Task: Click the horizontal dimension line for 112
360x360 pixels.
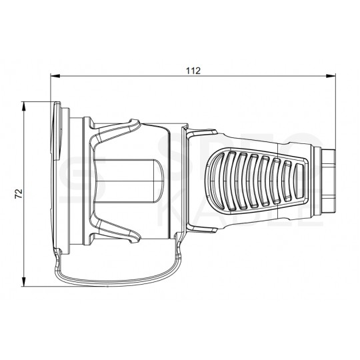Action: point(133,78)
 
